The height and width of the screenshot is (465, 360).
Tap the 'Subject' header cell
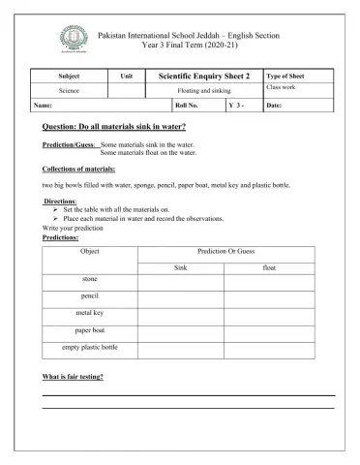point(70,75)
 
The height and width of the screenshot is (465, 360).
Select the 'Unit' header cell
point(126,75)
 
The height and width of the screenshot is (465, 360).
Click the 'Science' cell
point(70,89)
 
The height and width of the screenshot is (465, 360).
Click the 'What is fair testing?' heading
point(74,376)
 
